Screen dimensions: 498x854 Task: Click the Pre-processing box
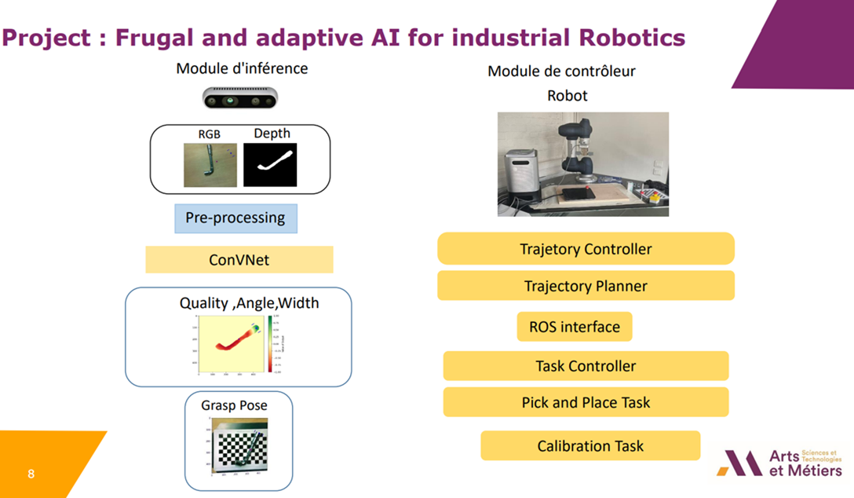click(x=235, y=218)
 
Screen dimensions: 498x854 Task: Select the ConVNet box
click(x=239, y=259)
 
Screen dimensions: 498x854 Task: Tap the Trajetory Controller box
click(x=586, y=249)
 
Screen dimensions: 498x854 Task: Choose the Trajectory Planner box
click(x=586, y=286)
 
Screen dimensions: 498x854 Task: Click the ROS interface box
click(x=574, y=327)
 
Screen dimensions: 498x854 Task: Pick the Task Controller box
click(x=586, y=366)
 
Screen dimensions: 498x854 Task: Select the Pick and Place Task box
click(x=586, y=402)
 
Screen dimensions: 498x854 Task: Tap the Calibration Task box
click(x=590, y=445)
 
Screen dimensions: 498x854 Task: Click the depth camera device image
click(x=240, y=98)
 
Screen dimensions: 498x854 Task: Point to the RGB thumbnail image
click(x=210, y=164)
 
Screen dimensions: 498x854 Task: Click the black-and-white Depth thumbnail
click(x=270, y=164)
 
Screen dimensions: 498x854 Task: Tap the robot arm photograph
click(x=582, y=163)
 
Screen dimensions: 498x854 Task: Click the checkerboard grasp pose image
click(x=239, y=448)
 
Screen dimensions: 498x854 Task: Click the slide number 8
click(x=31, y=474)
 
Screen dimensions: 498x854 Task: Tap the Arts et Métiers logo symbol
click(x=739, y=463)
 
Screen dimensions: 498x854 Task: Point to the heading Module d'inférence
click(x=242, y=68)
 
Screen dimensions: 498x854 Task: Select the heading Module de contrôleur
click(x=561, y=71)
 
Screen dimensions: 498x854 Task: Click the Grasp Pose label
click(x=234, y=405)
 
